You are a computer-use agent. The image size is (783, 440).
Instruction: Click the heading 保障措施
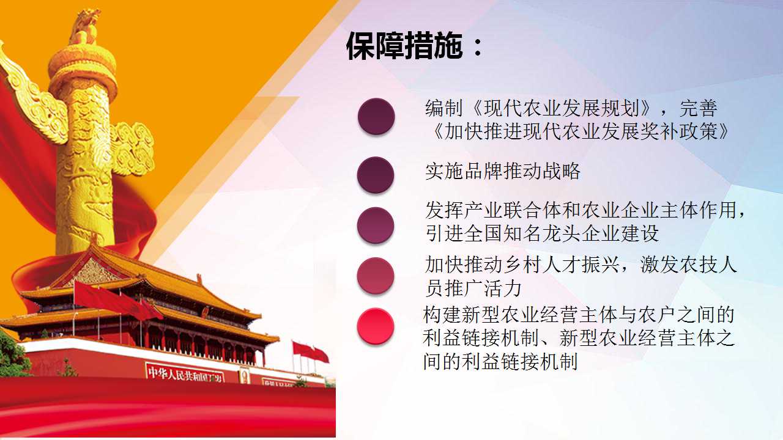click(x=404, y=46)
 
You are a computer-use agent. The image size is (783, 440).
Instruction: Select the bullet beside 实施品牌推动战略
click(x=376, y=175)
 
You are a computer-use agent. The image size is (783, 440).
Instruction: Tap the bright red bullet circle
click(x=376, y=326)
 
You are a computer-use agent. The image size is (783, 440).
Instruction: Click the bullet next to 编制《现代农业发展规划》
click(x=376, y=116)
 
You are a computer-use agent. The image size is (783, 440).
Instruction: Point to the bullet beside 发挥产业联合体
click(x=376, y=226)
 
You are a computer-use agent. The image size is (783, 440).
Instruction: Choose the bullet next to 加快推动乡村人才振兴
click(x=376, y=276)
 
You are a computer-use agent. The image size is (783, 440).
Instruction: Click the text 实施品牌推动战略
click(x=503, y=171)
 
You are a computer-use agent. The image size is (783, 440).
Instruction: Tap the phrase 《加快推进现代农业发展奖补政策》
click(x=581, y=131)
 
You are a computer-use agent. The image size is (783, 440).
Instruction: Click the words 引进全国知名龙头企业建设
click(x=542, y=233)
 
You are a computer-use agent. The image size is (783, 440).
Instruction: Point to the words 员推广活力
click(x=473, y=288)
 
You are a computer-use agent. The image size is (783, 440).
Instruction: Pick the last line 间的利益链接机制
click(x=500, y=361)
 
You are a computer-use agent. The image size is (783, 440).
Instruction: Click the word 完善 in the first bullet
click(x=699, y=108)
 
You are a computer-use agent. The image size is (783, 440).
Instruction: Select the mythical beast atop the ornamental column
click(x=85, y=27)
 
